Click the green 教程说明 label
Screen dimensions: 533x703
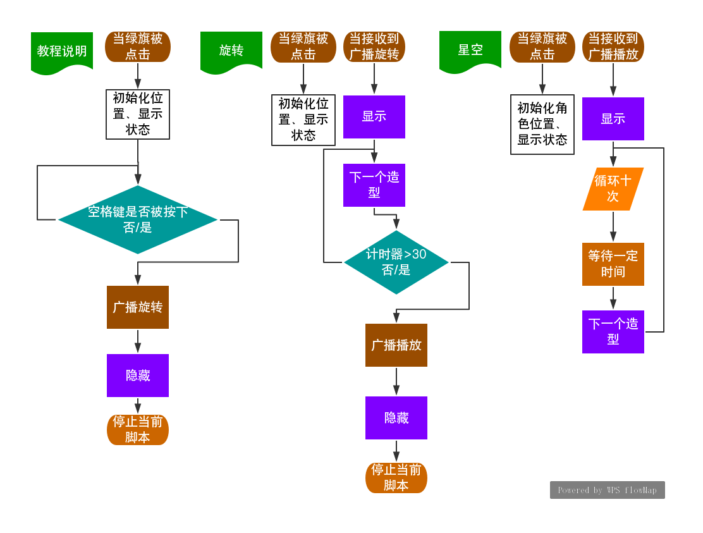pos(62,51)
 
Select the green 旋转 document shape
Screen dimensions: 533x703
pos(231,51)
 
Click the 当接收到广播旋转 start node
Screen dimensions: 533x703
pos(374,47)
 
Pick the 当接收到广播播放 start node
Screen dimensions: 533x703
pos(613,47)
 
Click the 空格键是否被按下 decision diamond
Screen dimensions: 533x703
pos(138,219)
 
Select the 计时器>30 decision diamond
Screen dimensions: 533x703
pos(396,262)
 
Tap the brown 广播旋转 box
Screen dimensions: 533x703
pos(138,307)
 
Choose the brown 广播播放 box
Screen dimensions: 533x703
pos(396,345)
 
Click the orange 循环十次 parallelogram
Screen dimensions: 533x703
pos(613,188)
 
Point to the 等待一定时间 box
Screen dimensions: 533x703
pos(613,264)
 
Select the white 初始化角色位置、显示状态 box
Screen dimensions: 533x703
pos(542,125)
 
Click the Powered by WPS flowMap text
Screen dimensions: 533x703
pos(607,490)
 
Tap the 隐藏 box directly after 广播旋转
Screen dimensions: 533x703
pos(138,376)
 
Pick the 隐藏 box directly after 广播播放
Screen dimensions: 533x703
pos(396,418)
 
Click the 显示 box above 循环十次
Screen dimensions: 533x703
pos(613,119)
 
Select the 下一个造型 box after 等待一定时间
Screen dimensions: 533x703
pos(613,331)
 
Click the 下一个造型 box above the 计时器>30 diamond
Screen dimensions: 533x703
pos(374,185)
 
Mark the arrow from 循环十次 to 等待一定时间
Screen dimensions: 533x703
pos(613,226)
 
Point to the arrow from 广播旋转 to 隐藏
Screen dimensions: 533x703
pos(138,341)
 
